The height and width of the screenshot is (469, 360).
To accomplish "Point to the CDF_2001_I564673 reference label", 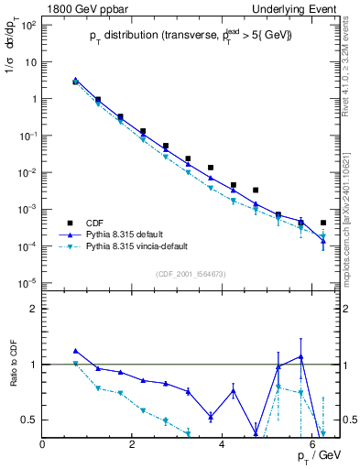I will point(191,274).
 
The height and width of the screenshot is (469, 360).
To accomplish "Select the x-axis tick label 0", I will point(43,444).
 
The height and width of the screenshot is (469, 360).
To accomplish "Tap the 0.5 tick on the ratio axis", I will point(30,420).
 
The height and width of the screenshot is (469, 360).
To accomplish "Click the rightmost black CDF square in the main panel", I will point(323,223).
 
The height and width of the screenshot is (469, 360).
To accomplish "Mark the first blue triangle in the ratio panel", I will point(76,351).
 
